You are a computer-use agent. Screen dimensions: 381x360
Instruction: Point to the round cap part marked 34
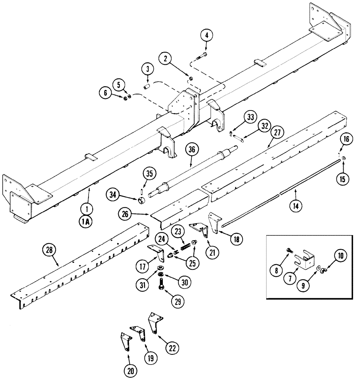(x=141, y=200)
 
